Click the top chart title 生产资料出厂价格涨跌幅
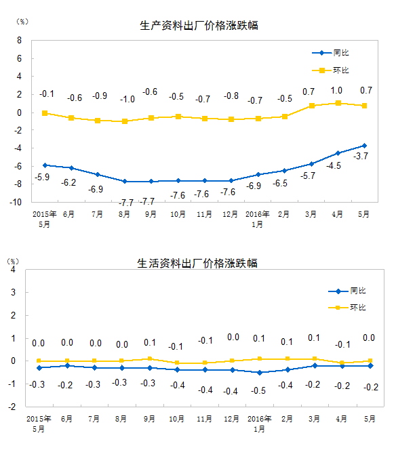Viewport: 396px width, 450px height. coord(199,26)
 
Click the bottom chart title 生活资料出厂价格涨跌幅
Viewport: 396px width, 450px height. coord(197,263)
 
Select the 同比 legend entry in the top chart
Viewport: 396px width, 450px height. coord(330,53)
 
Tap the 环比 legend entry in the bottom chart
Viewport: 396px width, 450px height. coord(347,308)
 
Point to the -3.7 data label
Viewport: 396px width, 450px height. coord(361,156)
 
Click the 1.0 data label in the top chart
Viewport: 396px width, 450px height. coord(336,91)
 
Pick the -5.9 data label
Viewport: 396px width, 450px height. coord(42,177)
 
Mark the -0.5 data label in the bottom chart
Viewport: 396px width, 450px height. coord(258,390)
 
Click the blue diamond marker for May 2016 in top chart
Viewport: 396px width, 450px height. coord(364,146)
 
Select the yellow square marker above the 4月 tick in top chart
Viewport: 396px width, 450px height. coord(338,103)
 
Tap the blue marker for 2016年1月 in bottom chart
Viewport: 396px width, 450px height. coord(260,373)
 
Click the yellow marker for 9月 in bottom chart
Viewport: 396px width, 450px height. coord(150,359)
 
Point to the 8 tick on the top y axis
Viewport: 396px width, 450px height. coord(19,41)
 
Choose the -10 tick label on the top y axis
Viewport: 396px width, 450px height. coord(16,203)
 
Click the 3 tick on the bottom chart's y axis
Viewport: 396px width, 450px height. coord(13,293)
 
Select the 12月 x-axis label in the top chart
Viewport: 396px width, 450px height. coord(231,214)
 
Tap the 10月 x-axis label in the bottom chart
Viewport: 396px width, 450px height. coord(176,419)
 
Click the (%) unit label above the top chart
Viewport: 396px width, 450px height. coord(22,22)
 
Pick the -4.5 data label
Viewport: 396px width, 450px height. coord(334,165)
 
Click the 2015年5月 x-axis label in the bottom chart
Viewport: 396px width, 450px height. coord(39,424)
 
